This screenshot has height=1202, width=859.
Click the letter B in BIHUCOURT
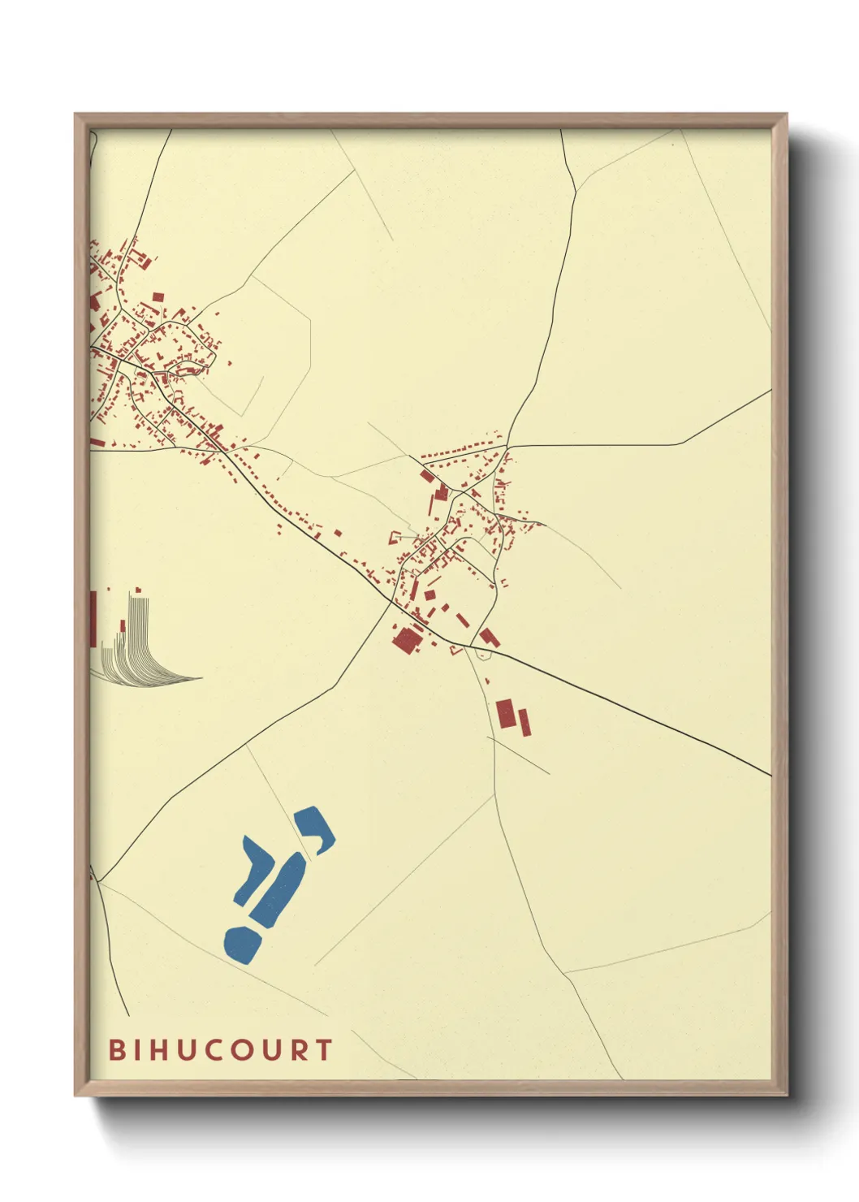click(x=117, y=1049)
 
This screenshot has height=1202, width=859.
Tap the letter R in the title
click(x=299, y=1049)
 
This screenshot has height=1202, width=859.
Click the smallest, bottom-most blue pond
click(x=242, y=944)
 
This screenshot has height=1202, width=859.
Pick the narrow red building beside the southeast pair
click(x=524, y=722)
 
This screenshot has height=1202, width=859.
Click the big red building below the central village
click(x=404, y=641)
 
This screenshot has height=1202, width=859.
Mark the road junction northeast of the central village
click(x=508, y=446)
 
